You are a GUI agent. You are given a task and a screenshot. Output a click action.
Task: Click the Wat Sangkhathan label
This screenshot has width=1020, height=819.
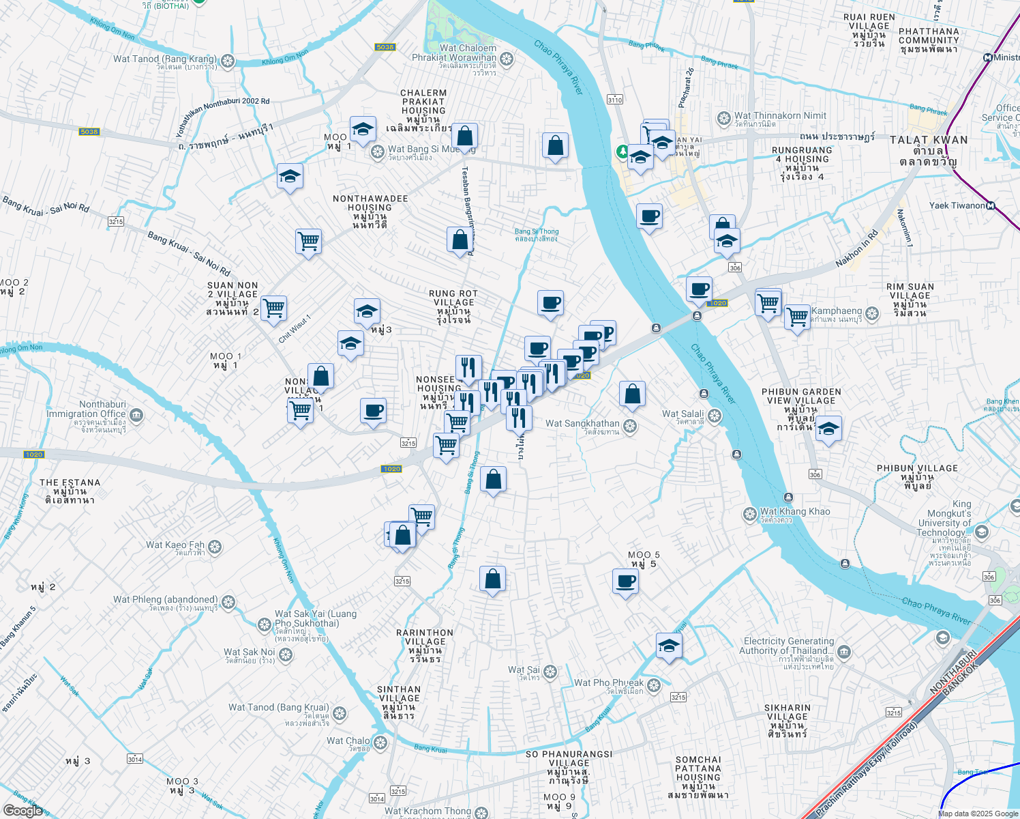click(582, 424)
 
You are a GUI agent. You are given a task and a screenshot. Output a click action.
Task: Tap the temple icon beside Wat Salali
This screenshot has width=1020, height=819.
click(715, 416)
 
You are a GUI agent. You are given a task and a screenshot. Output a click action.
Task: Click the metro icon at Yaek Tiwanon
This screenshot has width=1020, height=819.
click(991, 205)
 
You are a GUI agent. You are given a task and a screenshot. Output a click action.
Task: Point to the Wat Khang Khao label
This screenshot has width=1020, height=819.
click(795, 512)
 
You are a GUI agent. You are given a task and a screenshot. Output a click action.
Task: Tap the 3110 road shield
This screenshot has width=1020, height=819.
click(614, 100)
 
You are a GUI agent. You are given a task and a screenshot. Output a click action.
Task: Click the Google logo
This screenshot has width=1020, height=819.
click(22, 810)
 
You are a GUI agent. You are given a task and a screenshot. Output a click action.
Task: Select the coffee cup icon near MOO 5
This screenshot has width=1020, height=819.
click(625, 582)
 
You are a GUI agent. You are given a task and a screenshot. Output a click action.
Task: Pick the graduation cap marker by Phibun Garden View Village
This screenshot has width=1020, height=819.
click(828, 429)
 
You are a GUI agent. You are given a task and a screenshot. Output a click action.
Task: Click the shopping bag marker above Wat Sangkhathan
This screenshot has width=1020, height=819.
click(632, 394)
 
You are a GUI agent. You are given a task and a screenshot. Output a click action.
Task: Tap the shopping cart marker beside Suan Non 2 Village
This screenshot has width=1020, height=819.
click(274, 308)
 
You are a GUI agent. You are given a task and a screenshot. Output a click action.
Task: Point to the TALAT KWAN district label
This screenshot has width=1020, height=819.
click(928, 140)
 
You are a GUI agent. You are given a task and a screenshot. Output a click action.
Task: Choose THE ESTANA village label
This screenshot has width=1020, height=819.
click(70, 483)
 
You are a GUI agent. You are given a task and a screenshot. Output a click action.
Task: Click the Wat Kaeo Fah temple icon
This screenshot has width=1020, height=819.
click(215, 547)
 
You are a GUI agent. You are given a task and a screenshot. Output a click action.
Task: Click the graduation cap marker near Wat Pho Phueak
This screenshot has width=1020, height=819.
click(669, 645)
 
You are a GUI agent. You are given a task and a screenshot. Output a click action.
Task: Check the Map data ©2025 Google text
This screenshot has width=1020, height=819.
click(978, 813)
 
